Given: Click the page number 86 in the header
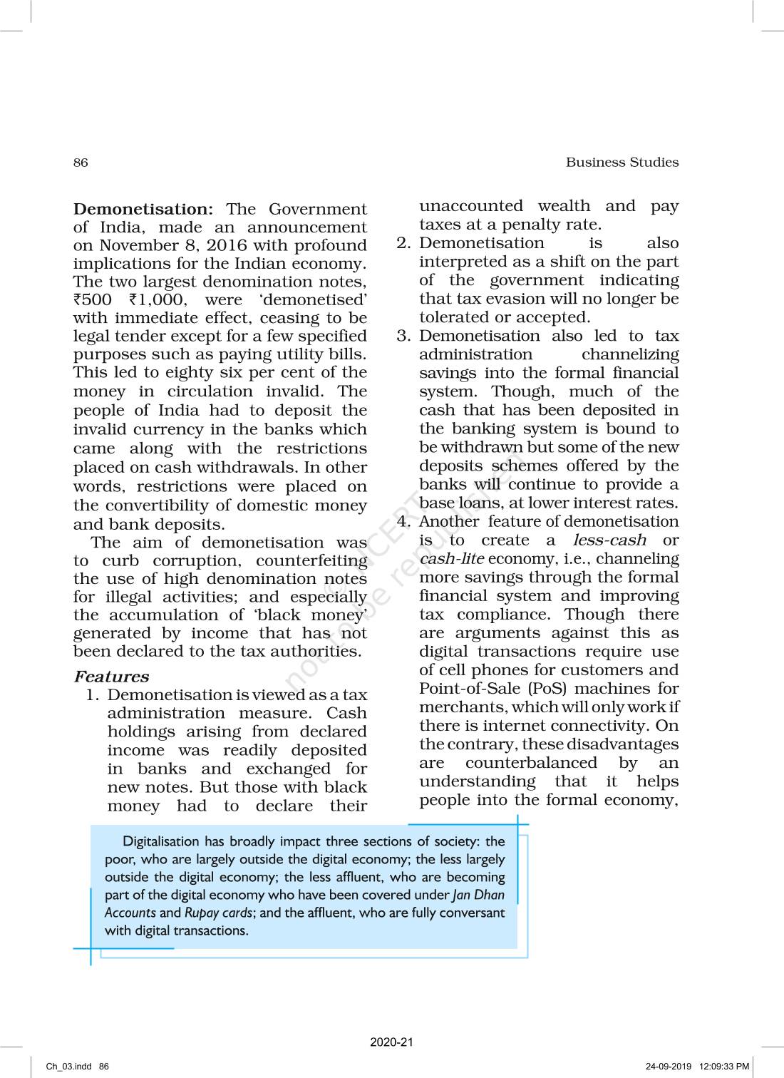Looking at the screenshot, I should tap(81, 163).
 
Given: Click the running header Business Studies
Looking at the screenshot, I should tap(621, 163).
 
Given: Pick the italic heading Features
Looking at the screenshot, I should tap(111, 677).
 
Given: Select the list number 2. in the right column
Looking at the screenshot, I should tap(403, 243).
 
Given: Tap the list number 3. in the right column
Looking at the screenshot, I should tap(403, 336).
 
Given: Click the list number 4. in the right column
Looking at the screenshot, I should tap(403, 521).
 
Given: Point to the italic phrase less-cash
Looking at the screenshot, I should tap(609, 540).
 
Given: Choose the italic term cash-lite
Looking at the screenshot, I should tap(451, 559).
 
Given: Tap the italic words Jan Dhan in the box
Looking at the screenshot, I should tap(478, 895).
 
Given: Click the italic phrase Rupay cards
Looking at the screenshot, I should tap(218, 913).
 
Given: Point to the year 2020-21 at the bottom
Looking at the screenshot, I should tap(391, 1042).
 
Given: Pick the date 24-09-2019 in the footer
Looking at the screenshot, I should tap(669, 1067).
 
